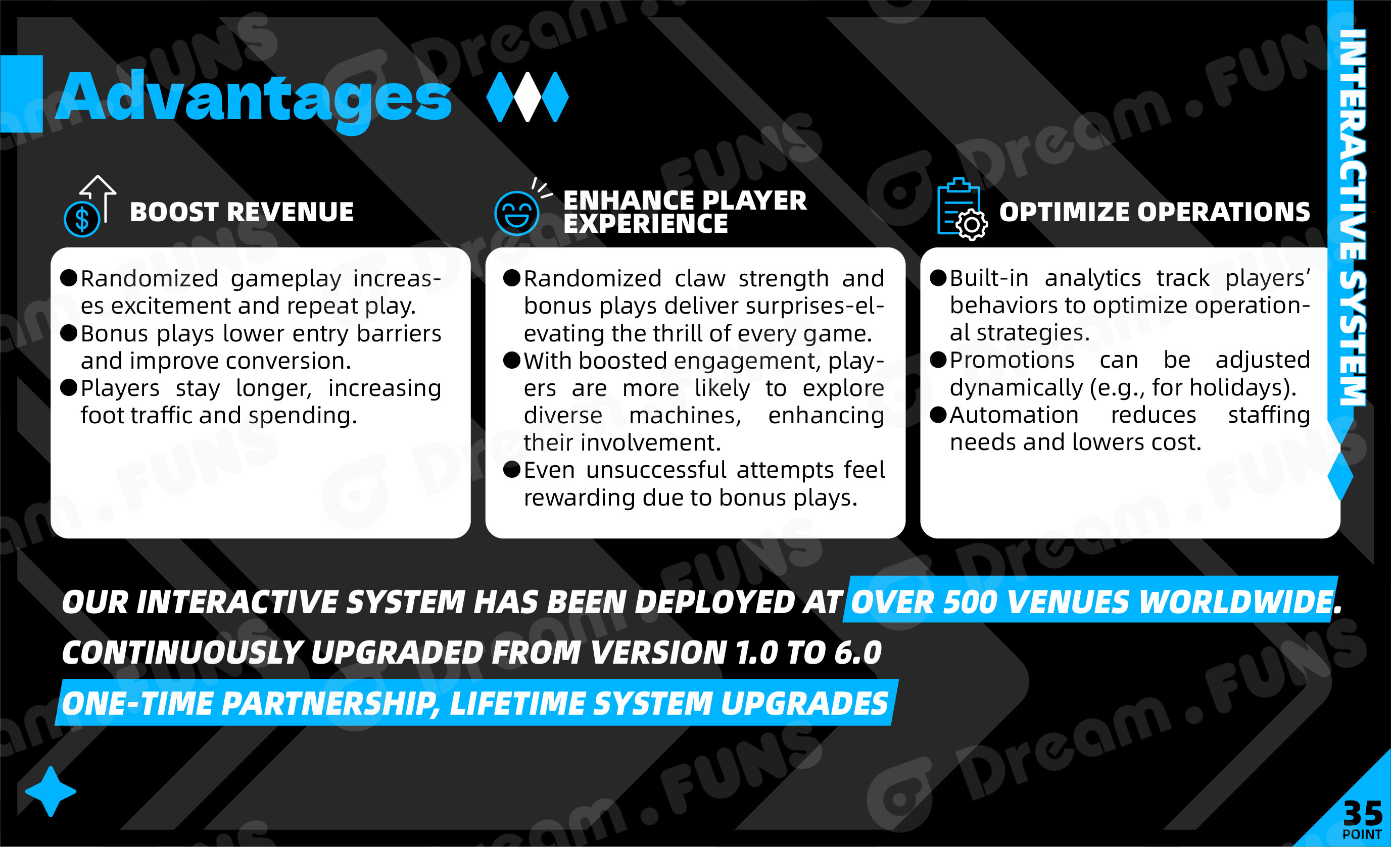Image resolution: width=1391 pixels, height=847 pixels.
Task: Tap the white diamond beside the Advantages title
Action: pos(528,96)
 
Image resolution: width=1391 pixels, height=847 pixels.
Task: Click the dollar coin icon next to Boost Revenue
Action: pos(82,219)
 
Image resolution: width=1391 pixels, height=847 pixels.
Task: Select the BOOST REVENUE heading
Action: pos(242,212)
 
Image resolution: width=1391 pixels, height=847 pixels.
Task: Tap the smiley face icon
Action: pos(516,213)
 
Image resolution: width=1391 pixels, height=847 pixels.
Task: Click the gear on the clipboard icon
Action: pos(972,225)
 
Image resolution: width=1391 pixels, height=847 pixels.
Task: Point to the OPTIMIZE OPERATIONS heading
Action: pos(1155,212)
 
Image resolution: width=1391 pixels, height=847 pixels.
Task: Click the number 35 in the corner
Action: pos(1363,813)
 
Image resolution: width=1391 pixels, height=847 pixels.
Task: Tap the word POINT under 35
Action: pos(1362,834)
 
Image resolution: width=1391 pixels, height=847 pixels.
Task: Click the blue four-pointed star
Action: pos(51,791)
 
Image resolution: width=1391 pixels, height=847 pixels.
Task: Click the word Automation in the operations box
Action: pos(1014,415)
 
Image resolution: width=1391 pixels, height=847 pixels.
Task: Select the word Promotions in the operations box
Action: pos(1012,360)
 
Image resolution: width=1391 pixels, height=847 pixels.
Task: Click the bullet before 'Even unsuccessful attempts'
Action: pos(511,469)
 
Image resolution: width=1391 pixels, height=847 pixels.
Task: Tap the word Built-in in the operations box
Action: pos(989,278)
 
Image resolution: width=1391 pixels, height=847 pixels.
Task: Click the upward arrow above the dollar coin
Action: pos(100,197)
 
